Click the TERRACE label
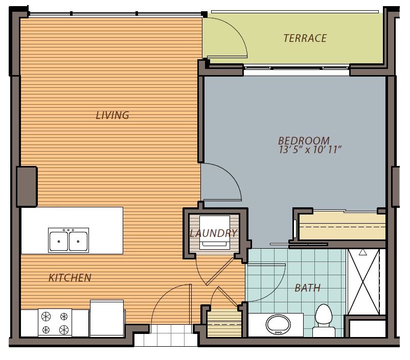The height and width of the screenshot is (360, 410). pos(305,38)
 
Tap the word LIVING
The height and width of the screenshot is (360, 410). pos(112,115)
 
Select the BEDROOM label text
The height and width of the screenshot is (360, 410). pos(303,140)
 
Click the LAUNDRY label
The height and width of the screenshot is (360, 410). pos(213,233)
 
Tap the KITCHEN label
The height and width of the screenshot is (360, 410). pos(70,278)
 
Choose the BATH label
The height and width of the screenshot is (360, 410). pos(307,288)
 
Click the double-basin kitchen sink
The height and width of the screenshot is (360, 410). pos(69,240)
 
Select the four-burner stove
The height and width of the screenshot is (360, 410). pos(55,323)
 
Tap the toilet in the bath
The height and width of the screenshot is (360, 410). pos(324,319)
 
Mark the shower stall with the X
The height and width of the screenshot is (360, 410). pos(363,281)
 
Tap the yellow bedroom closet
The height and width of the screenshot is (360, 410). pos(341,226)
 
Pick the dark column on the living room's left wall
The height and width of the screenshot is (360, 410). pos(27,186)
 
